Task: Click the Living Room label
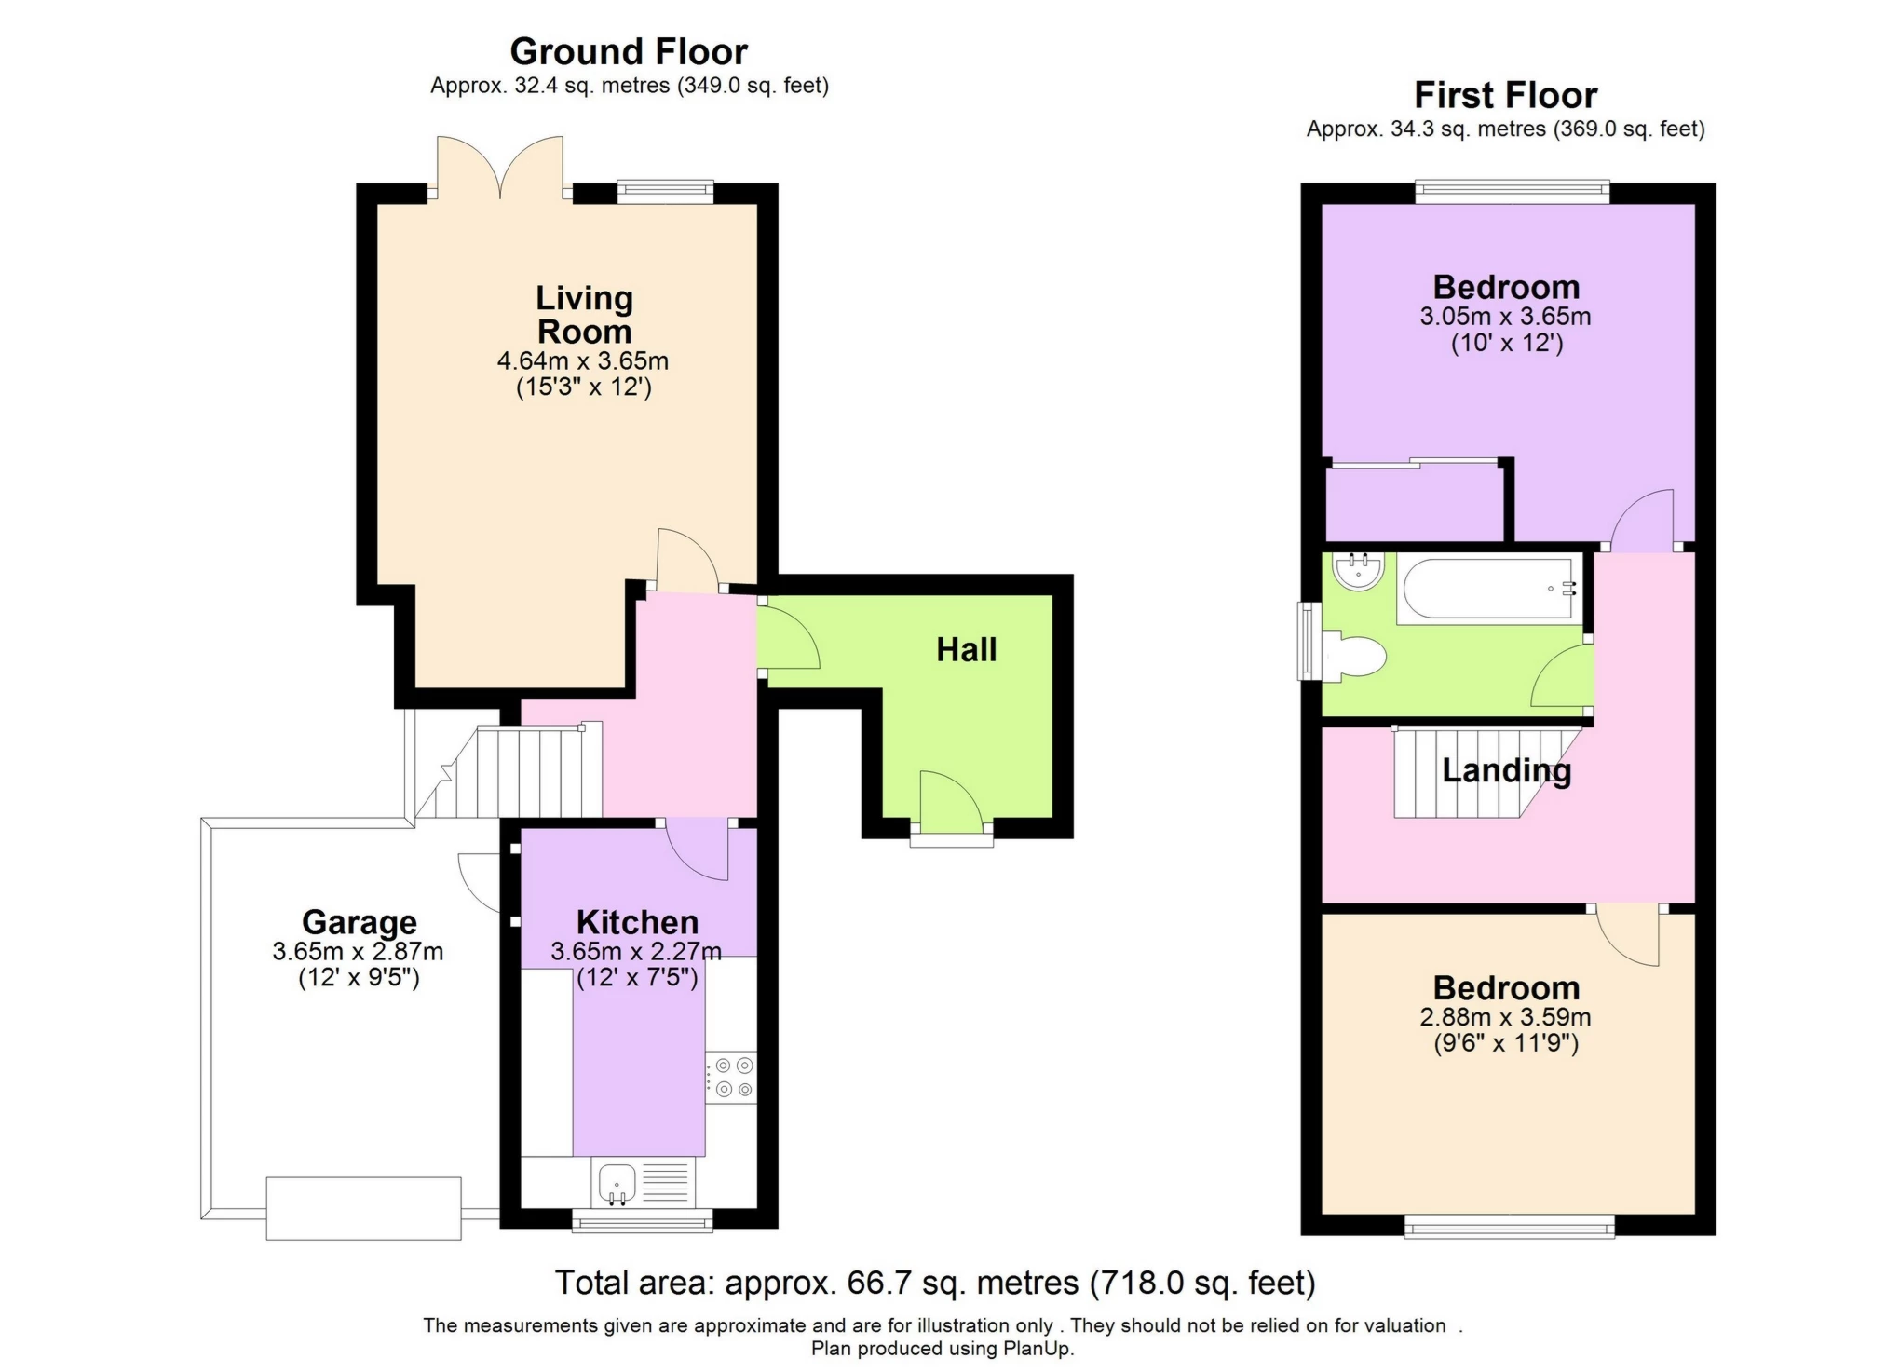584,315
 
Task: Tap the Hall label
966,649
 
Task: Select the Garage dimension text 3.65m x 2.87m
358,952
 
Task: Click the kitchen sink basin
616,1183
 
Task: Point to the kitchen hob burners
731,1078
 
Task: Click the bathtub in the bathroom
1487,588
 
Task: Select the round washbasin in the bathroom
1358,570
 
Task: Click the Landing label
1506,770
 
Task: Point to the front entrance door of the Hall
951,804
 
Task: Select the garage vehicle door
363,1208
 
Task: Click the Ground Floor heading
629,51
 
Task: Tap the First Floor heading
1505,95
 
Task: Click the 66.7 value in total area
874,1284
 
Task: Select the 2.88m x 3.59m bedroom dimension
1505,1017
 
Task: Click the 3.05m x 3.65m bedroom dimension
1505,317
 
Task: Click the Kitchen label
637,922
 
